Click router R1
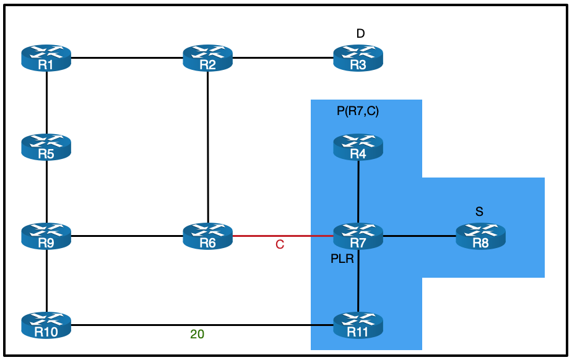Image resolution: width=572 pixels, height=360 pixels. point(46,58)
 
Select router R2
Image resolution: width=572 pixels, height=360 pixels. point(208,58)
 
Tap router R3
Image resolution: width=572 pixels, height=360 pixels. point(358,58)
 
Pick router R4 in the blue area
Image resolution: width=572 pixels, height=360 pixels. point(358,147)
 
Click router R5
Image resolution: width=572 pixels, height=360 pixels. point(46,147)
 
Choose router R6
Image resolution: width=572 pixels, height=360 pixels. point(208,236)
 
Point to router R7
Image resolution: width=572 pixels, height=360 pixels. point(358,236)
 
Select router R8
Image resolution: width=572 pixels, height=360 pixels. point(480,236)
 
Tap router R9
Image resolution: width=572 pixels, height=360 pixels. point(46,236)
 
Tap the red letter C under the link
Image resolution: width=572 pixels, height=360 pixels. point(280,246)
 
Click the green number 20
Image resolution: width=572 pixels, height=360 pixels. point(197,335)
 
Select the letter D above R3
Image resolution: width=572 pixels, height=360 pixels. point(360,33)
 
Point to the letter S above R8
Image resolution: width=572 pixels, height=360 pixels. point(479,212)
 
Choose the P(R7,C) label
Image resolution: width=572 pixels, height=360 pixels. point(357,111)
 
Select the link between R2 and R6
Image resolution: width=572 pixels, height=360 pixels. point(208,142)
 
